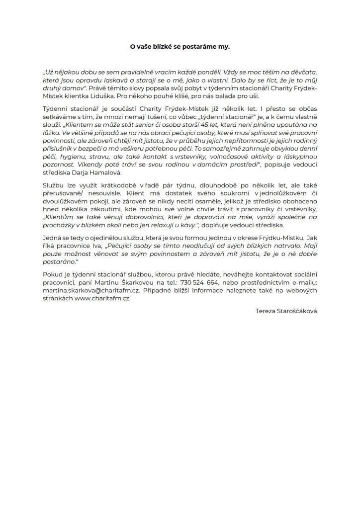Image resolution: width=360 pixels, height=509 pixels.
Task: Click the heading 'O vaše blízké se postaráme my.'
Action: click(x=180, y=47)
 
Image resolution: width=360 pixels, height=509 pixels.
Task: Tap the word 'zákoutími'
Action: click(x=106, y=212)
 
